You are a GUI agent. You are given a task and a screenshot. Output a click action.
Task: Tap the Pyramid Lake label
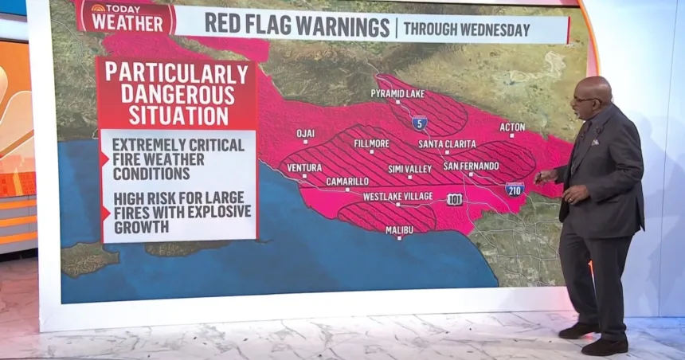[x=397, y=94]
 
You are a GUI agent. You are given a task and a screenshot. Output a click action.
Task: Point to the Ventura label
[x=304, y=167]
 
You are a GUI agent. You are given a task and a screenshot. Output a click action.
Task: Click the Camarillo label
[x=347, y=182]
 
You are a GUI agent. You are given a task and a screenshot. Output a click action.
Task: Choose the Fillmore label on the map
[x=372, y=144]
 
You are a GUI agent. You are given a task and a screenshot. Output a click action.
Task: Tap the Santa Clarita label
[x=447, y=144]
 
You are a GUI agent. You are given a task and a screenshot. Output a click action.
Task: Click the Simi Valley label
[x=409, y=169]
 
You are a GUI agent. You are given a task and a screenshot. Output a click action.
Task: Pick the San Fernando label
[x=471, y=166]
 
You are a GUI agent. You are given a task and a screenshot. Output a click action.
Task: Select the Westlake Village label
[x=397, y=196]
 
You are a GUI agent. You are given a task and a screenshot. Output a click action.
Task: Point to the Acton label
[x=512, y=127]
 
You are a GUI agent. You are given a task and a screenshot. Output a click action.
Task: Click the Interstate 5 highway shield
[x=419, y=123]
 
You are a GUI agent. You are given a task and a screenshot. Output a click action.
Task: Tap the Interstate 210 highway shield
[x=515, y=189]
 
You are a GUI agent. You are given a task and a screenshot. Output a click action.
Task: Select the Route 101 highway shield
[x=454, y=198]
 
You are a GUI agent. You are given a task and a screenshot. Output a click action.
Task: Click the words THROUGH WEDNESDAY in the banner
[x=466, y=30]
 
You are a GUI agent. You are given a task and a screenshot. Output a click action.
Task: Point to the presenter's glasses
[x=583, y=100]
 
